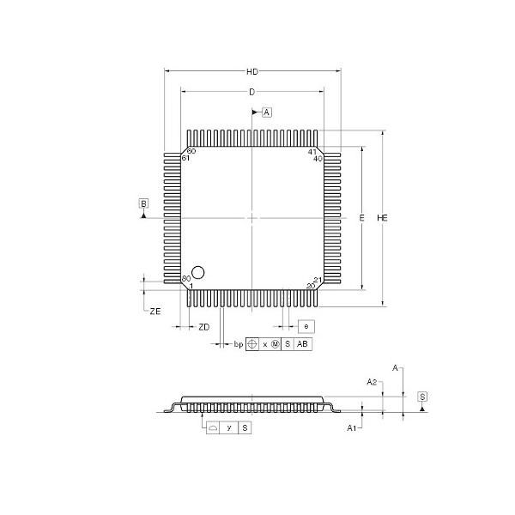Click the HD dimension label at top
[x=251, y=71]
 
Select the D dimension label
[x=251, y=91]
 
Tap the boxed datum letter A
[x=267, y=112]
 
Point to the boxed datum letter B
[x=143, y=203]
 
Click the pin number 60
[x=191, y=151]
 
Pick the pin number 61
[x=185, y=159]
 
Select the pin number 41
[x=313, y=151]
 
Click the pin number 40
[x=318, y=159]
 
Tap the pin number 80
[x=185, y=280]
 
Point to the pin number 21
[x=318, y=280]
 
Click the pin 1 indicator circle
[x=198, y=272]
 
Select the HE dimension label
[x=383, y=220]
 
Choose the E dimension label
[x=362, y=220]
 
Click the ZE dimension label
[x=154, y=312]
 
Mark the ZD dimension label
[x=203, y=327]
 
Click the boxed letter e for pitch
[x=306, y=326]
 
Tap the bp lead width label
[x=238, y=344]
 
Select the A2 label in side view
[x=372, y=380]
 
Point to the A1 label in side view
[x=351, y=427]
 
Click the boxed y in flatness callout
[x=229, y=427]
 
